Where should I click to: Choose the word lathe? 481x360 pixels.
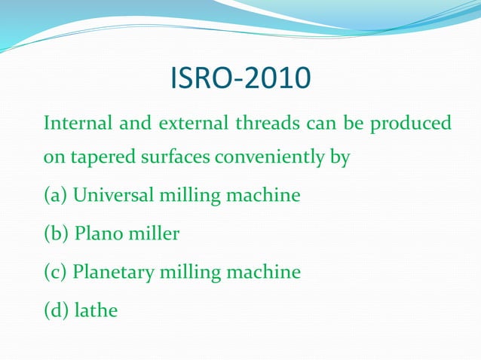97,310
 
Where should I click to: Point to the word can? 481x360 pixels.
311,123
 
